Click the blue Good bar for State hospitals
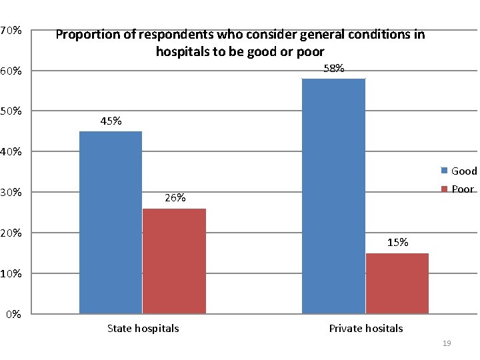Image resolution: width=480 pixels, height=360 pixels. [x=111, y=222]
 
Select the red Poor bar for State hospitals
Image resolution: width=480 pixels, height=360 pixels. [x=174, y=261]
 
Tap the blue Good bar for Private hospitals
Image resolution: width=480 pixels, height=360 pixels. [x=333, y=195]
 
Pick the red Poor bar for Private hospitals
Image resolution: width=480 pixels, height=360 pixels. [x=397, y=283]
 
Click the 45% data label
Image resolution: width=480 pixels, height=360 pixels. [x=111, y=121]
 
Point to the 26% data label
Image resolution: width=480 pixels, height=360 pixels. [x=175, y=198]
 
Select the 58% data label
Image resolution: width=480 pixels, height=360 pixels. [x=333, y=69]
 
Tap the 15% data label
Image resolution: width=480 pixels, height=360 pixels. [x=397, y=243]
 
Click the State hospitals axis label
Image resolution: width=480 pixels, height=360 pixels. [x=143, y=328]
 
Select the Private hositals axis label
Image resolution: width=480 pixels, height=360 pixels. [x=366, y=328]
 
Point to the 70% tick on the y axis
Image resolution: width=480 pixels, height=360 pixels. [x=11, y=31]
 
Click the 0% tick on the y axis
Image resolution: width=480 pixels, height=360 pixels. [x=14, y=314]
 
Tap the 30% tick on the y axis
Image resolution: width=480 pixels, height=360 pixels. [x=11, y=193]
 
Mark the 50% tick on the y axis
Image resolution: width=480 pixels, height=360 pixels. [x=11, y=111]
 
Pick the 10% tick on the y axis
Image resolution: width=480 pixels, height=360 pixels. [x=11, y=274]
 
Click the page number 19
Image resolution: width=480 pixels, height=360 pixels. [x=447, y=343]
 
